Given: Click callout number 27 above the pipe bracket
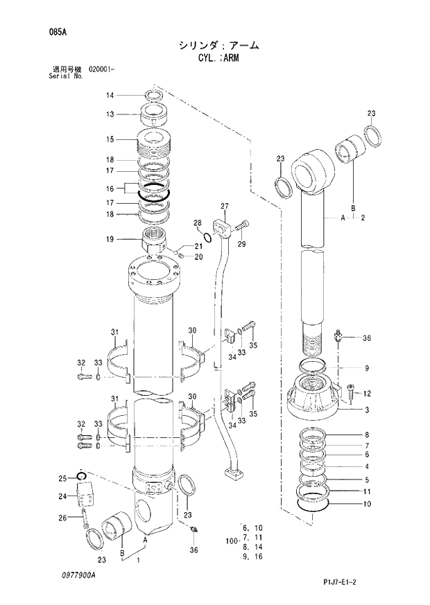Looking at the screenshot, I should pos(225,207).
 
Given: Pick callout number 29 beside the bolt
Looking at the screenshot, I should pos(242,244).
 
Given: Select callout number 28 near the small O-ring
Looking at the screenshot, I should pos(197,222).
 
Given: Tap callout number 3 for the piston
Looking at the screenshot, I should pos(367,410).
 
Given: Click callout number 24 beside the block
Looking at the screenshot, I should pos(62,496).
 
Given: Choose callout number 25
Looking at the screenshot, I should pos(62,478).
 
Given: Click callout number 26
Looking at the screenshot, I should pos(62,517).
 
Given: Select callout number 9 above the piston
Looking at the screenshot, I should pos(367,368).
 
